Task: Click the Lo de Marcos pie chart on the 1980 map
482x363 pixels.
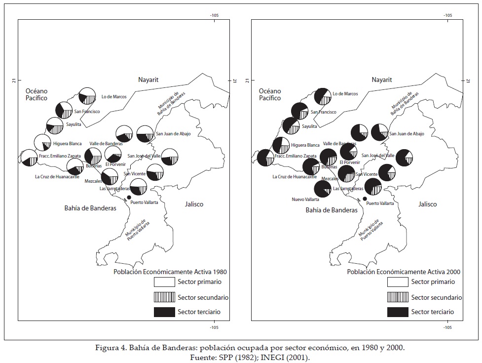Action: (87, 95)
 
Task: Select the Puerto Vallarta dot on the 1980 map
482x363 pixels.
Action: (129, 198)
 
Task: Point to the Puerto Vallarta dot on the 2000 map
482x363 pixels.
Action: (365, 199)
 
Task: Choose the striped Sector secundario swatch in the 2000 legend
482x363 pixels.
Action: (398, 297)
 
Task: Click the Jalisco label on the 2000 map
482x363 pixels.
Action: (427, 204)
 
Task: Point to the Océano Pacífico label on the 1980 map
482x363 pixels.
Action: (37, 94)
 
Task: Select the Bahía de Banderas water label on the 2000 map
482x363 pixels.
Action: (331, 210)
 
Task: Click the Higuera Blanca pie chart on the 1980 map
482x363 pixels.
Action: (42, 142)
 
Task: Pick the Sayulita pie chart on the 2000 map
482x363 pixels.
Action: (291, 126)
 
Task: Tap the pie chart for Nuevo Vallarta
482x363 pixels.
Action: (323, 189)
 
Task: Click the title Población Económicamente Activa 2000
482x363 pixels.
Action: (404, 272)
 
